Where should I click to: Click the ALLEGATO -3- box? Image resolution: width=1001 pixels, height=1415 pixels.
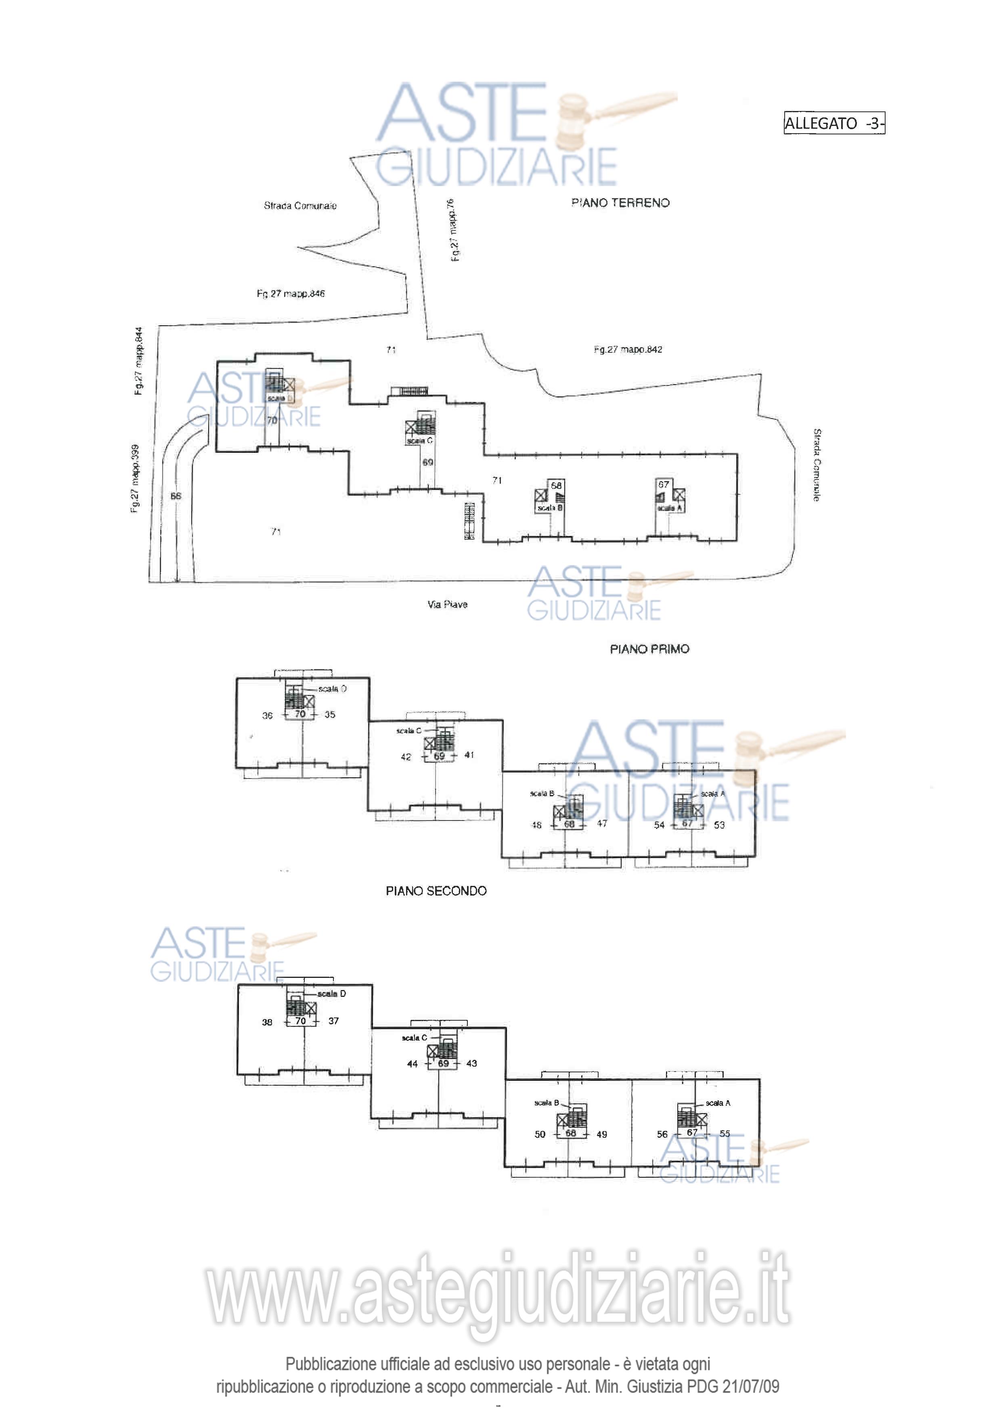[x=834, y=123]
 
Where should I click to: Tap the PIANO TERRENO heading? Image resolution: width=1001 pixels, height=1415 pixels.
[x=620, y=203]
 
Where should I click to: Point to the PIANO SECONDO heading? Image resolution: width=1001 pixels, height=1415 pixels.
[x=436, y=891]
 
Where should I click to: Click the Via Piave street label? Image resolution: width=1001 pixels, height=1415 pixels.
[x=448, y=605]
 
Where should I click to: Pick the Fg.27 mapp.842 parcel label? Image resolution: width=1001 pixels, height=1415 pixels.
[x=628, y=350]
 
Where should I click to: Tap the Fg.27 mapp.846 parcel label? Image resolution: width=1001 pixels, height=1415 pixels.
[x=290, y=293]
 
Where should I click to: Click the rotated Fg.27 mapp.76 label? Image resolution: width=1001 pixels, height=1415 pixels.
[x=453, y=230]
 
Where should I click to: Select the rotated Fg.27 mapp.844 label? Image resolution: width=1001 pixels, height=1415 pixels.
[x=139, y=361]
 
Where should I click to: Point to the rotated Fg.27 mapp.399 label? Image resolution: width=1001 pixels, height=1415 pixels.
[x=135, y=478]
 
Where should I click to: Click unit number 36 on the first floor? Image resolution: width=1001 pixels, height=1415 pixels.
[x=268, y=716]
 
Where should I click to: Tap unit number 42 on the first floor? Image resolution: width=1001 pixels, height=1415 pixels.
[x=406, y=757]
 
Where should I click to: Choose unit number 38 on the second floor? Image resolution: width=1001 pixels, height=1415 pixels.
[x=267, y=1022]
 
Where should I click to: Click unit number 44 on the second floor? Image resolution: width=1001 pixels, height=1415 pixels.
[x=413, y=1064]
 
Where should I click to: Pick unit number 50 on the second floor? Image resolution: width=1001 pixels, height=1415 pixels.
[x=540, y=1134]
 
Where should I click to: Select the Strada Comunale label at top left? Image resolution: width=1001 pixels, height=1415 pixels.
[x=300, y=206]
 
